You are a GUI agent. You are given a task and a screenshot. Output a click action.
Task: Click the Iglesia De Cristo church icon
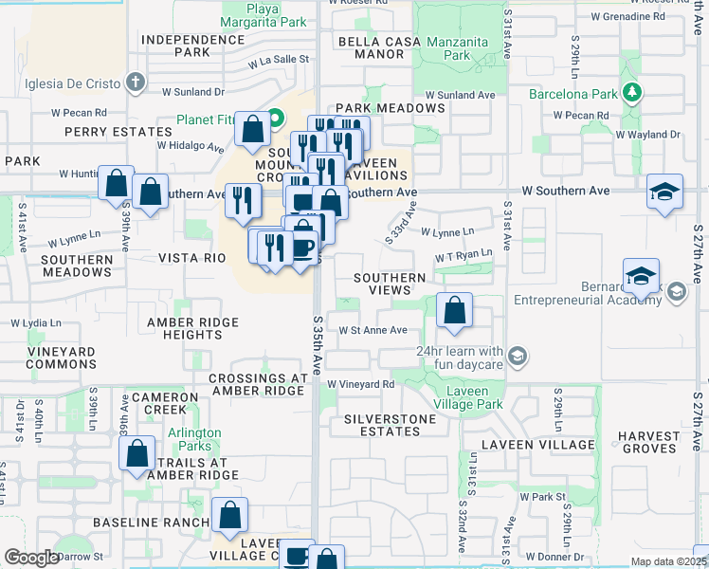coord(136,82)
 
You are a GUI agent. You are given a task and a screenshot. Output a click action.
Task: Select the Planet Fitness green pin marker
coord(276,119)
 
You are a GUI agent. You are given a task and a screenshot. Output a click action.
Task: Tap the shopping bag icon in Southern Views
coord(455,310)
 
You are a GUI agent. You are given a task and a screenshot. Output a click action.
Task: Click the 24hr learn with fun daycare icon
coord(518,357)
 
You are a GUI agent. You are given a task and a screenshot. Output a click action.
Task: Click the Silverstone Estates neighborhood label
coord(390,425)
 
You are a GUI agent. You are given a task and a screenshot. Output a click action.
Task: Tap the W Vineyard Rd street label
coord(361,384)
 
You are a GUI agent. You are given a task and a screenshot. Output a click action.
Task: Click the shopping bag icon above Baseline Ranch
coord(229,515)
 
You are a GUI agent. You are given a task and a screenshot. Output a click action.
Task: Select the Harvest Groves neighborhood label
coord(648,443)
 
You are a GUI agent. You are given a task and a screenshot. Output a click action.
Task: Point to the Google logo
coord(32,558)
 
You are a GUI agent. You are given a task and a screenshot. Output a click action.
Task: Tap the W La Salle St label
coord(279,59)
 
